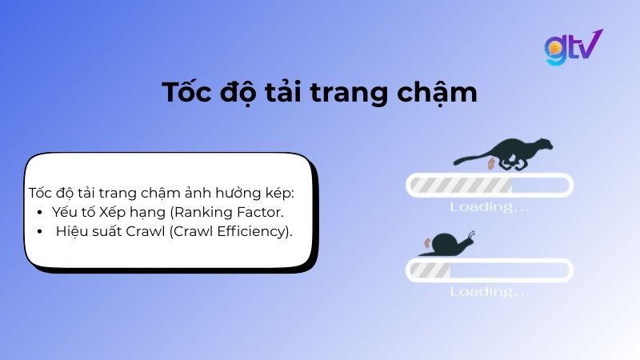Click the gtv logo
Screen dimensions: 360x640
pos(573,47)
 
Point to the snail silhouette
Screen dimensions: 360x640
pos(449,243)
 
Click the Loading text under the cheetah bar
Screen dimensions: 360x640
pos(489,207)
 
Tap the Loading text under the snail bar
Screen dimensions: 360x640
pos(489,291)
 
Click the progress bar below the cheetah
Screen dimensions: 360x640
pos(490,186)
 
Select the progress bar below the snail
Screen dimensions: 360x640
pos(490,270)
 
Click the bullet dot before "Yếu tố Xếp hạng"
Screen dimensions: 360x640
pos(40,213)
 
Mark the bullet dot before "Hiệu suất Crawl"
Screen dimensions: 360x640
pos(40,232)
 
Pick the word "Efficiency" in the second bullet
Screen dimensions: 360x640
pos(254,232)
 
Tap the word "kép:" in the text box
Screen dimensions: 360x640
pos(278,194)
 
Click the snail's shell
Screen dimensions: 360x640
pos(438,243)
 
